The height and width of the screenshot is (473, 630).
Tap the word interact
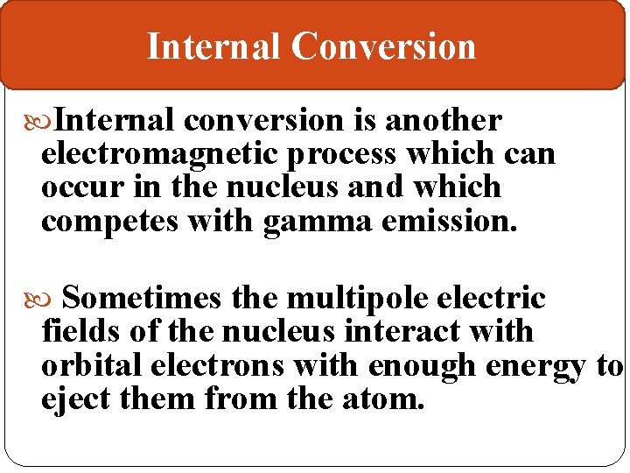(x=409, y=332)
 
